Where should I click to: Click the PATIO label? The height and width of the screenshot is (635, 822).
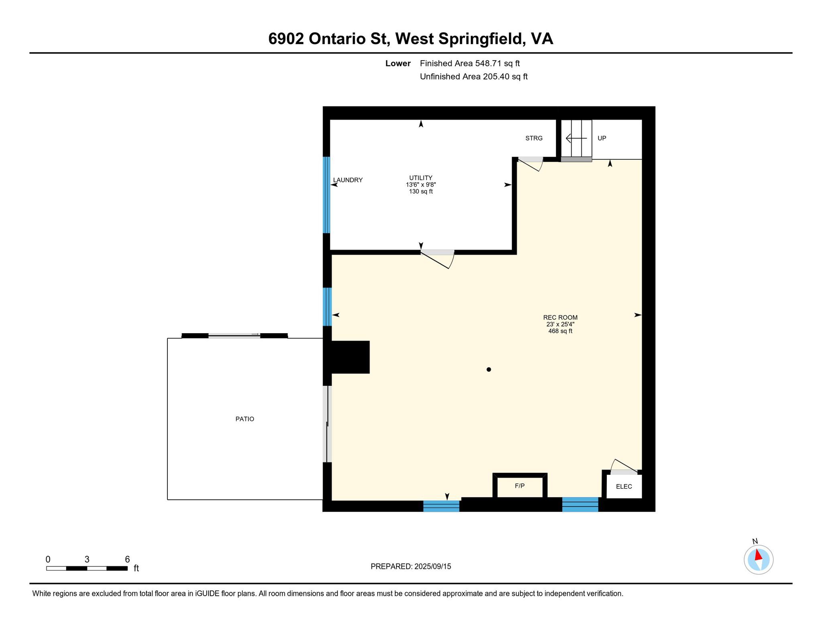[244, 419]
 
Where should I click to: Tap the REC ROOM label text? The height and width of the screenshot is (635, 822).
[560, 317]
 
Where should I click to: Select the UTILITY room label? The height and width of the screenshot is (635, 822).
[421, 178]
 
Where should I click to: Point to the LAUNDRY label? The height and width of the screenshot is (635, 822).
[348, 180]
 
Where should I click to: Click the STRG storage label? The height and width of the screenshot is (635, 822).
[534, 138]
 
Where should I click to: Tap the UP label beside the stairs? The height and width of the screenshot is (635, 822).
[602, 138]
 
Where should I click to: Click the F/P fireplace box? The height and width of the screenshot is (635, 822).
[520, 486]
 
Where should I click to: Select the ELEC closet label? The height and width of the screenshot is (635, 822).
[624, 486]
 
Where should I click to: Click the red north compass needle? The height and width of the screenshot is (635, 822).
[758, 555]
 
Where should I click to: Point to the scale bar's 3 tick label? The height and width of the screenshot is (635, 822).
[87, 560]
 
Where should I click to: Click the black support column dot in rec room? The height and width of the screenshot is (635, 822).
[488, 369]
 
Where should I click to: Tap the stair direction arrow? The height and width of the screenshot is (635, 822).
[576, 138]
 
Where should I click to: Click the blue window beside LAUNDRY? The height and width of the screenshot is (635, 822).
[326, 195]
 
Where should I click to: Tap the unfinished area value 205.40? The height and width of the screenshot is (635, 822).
[496, 77]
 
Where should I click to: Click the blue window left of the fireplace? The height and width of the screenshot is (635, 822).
[441, 506]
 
